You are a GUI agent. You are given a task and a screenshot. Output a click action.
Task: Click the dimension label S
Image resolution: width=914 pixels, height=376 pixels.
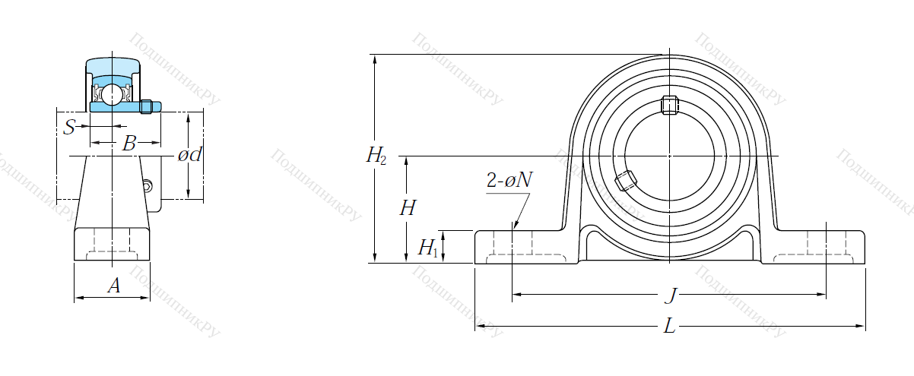pos(69,127)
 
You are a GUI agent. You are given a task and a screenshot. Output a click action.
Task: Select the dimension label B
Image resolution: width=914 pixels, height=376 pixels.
pos(129,143)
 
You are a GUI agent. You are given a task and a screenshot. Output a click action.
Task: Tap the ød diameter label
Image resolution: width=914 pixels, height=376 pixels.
pos(190,155)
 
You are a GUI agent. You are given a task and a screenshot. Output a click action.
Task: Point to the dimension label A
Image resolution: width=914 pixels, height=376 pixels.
pos(114,286)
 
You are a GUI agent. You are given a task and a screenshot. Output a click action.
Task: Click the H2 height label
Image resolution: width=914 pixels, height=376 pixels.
pos(376,156)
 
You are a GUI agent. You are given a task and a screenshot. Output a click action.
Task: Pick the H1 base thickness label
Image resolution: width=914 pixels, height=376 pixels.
pos(427,248)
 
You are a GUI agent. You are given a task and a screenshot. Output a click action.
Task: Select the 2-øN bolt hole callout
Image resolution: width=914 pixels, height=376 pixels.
pos(509,180)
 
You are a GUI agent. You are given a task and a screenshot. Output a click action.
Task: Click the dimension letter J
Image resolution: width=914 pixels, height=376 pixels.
pos(671,295)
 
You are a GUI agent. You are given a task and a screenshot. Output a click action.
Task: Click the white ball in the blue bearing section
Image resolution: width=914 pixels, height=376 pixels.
pos(110,95)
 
